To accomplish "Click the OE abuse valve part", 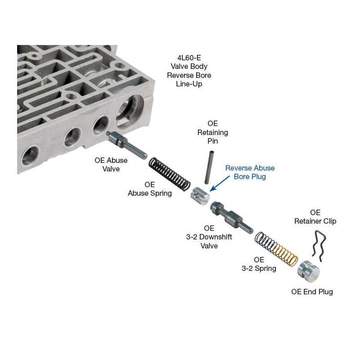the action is [127, 144].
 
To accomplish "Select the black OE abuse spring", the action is [170, 174].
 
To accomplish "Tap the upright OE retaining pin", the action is [209, 167].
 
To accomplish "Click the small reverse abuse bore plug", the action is [200, 196].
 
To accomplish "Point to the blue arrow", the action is [220, 183].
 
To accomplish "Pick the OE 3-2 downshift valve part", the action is [232, 217].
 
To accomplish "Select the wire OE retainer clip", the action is [319, 246].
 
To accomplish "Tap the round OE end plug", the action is [309, 272].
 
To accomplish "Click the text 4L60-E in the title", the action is [189, 58].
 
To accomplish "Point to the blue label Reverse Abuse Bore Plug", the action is [250, 172].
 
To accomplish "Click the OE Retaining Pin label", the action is [212, 132].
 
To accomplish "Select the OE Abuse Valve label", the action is [111, 164].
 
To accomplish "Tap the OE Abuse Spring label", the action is [150, 189].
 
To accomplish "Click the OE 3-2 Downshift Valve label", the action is [209, 237].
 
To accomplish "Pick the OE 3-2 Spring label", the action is [259, 264].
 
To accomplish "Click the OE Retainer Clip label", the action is [315, 217].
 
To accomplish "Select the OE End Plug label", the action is [312, 292].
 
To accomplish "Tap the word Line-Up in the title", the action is [189, 84].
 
